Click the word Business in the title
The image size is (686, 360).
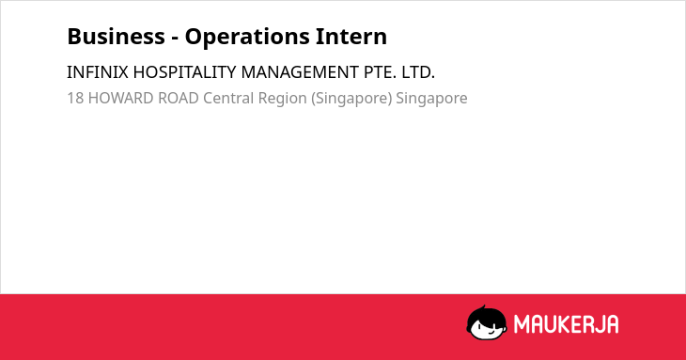116,37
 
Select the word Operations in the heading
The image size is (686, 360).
247,38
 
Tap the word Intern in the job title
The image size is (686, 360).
351,37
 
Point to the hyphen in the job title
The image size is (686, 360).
175,39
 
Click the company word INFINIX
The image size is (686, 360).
98,72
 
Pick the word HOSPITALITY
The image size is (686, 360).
184,72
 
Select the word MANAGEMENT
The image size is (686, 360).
300,72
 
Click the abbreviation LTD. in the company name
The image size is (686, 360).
418,72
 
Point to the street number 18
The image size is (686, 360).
75,98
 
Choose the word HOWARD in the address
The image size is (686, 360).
120,98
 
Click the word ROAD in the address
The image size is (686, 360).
179,98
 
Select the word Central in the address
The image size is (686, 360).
228,98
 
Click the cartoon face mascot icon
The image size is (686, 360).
487,322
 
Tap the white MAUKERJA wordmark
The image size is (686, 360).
566,324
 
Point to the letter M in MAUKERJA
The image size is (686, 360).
521,324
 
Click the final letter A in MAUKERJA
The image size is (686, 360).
613,324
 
